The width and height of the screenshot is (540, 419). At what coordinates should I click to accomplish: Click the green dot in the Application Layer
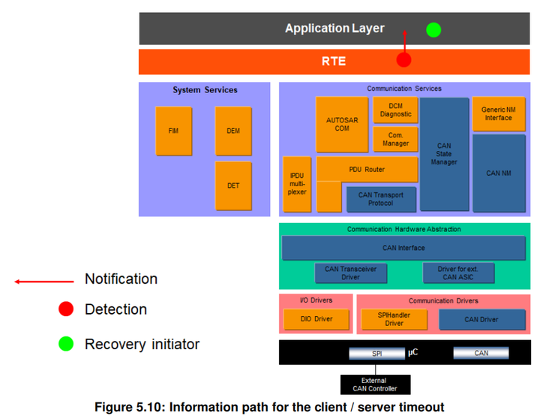[433, 30]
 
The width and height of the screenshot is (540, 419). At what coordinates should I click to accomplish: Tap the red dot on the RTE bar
[404, 60]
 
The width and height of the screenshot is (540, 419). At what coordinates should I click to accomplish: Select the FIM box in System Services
[173, 131]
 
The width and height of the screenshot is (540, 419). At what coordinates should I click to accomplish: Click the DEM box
[233, 131]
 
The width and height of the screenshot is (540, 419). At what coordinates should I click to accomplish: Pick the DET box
[233, 185]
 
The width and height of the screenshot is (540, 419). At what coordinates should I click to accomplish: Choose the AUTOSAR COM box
[342, 124]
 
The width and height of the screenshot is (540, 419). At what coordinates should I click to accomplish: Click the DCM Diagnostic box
[395, 110]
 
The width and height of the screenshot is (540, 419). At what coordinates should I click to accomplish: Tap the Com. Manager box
[395, 139]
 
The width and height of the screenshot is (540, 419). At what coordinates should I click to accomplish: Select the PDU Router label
[367, 169]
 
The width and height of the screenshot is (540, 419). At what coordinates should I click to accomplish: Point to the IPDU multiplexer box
[296, 183]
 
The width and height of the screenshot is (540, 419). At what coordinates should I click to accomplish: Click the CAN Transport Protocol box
[381, 199]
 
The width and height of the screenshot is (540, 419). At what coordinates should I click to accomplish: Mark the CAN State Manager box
[444, 154]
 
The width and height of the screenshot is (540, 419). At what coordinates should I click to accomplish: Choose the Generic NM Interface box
[498, 113]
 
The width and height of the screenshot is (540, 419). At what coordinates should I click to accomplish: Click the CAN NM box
[498, 173]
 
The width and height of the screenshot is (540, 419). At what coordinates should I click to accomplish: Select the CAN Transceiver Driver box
[351, 273]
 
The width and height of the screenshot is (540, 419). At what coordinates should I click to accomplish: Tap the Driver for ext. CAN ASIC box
[458, 273]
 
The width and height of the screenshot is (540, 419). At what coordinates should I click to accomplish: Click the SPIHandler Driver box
[394, 319]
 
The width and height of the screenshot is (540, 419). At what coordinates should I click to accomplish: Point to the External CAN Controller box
[376, 384]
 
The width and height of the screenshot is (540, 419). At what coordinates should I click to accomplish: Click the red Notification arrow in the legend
[45, 282]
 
